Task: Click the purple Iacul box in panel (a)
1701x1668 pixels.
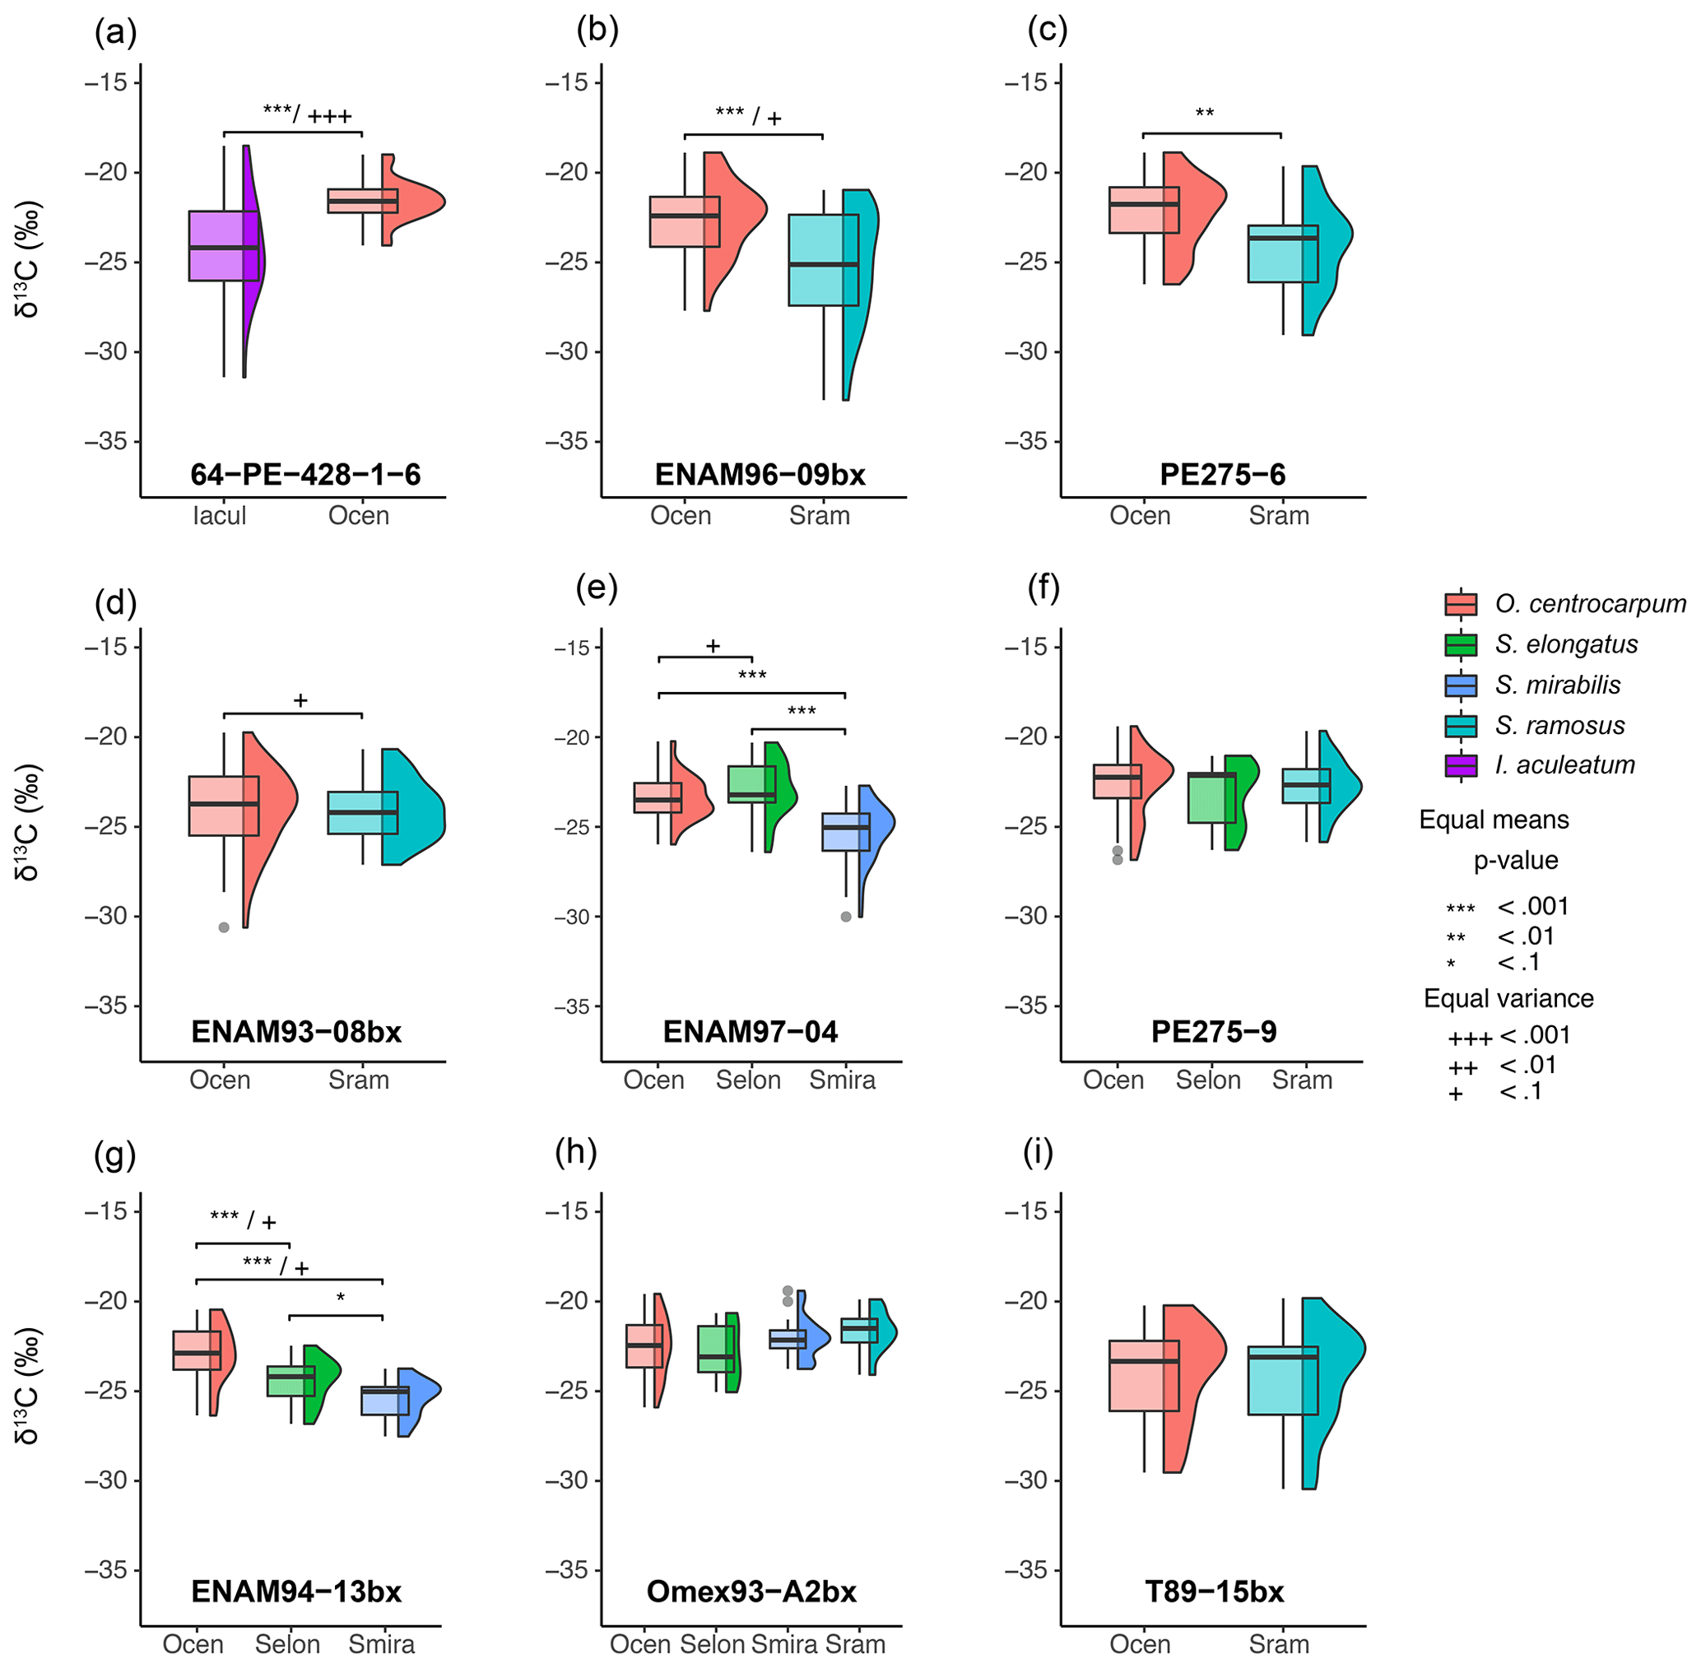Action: pyautogui.click(x=224, y=246)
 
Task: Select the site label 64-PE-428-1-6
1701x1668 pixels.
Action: pyautogui.click(x=304, y=475)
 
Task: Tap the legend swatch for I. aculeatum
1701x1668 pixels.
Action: pyautogui.click(x=1460, y=765)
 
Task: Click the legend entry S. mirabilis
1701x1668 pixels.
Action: pyautogui.click(x=1557, y=685)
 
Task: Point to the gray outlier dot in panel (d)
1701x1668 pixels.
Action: pyautogui.click(x=224, y=927)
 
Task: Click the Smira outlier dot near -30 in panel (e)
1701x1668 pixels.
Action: pyautogui.click(x=846, y=917)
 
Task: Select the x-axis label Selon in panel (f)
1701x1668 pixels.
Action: pyautogui.click(x=1208, y=1080)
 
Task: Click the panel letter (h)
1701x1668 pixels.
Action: pyautogui.click(x=576, y=1152)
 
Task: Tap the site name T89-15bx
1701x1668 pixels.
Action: pyautogui.click(x=1214, y=1591)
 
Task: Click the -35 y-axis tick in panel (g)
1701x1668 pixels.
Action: pyautogui.click(x=106, y=1569)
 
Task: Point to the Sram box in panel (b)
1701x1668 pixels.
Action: pyautogui.click(x=824, y=260)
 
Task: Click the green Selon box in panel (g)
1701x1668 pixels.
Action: pyautogui.click(x=290, y=1381)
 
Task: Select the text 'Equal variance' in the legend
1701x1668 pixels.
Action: pyautogui.click(x=1508, y=999)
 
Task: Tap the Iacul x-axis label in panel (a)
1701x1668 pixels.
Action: pyautogui.click(x=219, y=516)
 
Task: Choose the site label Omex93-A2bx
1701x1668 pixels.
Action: pyautogui.click(x=751, y=1591)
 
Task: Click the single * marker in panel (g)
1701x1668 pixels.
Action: pyautogui.click(x=341, y=1299)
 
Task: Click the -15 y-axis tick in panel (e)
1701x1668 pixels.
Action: pyautogui.click(x=574, y=648)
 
